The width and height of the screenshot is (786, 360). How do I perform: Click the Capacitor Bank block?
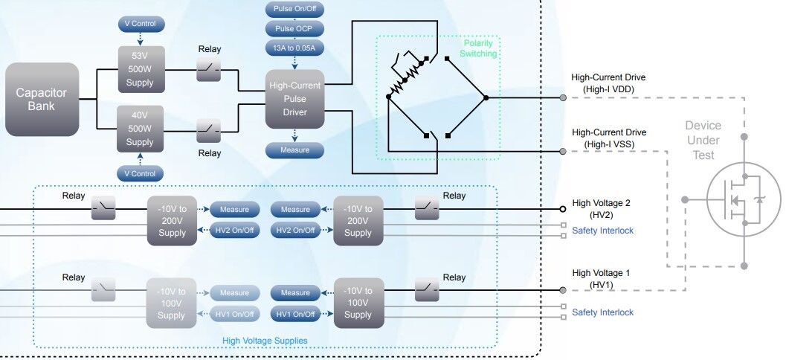coord(42,98)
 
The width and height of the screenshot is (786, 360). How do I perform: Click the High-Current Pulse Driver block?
coord(295,99)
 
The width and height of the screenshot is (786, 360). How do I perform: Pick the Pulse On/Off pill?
coord(295,11)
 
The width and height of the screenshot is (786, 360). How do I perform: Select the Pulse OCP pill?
coord(295,30)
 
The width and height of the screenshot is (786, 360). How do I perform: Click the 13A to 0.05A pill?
coord(295,48)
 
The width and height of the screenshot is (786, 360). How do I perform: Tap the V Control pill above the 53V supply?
coord(140,25)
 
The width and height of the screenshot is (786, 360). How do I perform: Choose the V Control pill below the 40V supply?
coord(140,173)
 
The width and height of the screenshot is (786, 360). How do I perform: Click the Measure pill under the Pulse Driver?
coord(295,150)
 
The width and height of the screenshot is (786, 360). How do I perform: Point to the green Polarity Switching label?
coord(477,48)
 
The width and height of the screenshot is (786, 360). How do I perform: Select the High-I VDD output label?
coord(608,83)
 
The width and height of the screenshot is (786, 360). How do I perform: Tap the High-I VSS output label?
coord(608,138)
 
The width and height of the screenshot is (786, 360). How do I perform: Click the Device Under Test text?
coord(703,140)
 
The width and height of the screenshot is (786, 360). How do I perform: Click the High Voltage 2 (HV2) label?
coord(602,208)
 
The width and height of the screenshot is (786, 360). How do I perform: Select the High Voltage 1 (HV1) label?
coord(602,278)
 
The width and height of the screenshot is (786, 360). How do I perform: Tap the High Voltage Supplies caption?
coord(265,341)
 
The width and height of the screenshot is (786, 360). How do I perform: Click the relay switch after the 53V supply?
coord(209,71)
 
